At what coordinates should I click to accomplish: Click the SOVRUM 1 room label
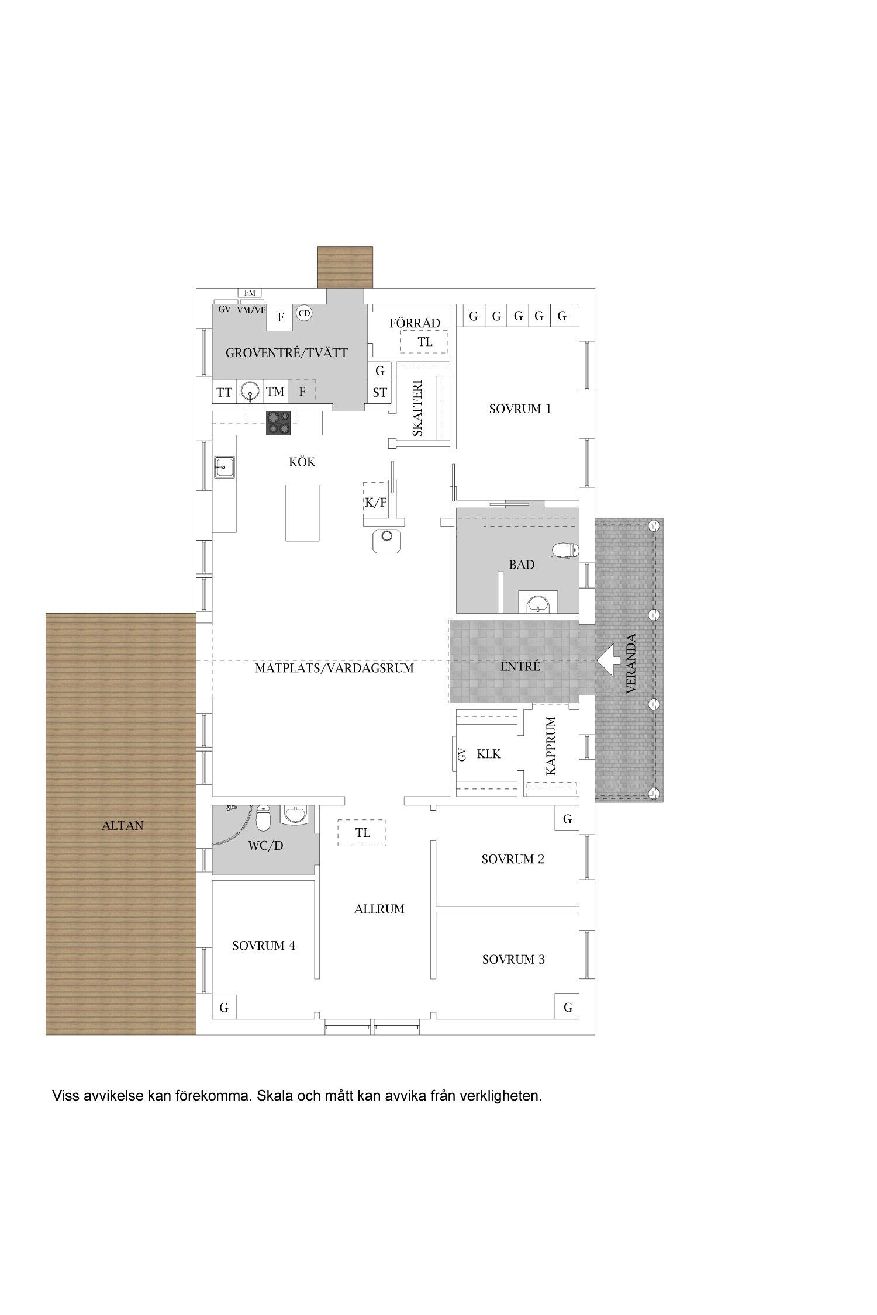point(520,409)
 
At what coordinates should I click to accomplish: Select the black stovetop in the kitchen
point(279,423)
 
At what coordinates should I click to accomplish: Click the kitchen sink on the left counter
point(225,467)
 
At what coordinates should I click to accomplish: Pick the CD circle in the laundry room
point(304,313)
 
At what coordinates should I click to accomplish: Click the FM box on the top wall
point(250,293)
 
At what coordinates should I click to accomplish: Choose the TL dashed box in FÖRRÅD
point(424,342)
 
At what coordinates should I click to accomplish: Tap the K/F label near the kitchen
point(376,502)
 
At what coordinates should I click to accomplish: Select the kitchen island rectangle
point(302,513)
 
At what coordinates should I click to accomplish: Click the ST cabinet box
point(379,392)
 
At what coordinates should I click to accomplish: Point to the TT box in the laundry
point(224,392)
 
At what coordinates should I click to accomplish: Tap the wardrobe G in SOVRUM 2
point(567,819)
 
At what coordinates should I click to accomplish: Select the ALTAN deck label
point(123,826)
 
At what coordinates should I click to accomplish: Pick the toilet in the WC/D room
point(264,818)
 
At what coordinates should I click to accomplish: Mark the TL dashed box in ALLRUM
point(362,832)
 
